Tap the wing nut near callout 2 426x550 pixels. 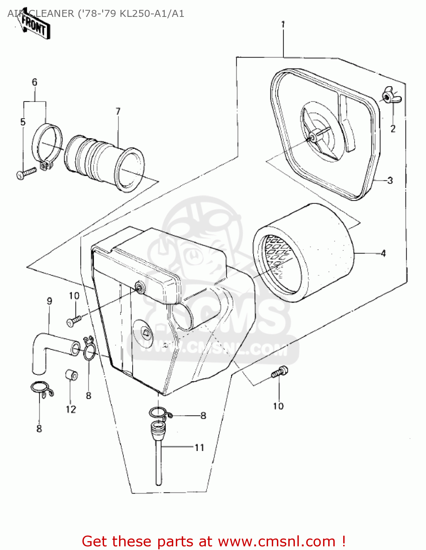click(390, 96)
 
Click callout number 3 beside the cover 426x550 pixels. click(390, 180)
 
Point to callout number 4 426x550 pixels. click(383, 253)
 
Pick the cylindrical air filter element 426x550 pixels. click(304, 253)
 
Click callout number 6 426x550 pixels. click(34, 82)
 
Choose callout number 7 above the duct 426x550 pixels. click(118, 111)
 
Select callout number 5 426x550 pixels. click(23, 122)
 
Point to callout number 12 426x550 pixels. click(71, 409)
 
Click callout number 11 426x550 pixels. click(199, 447)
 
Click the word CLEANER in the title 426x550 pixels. click(51, 14)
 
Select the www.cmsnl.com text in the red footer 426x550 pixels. click(277, 541)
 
